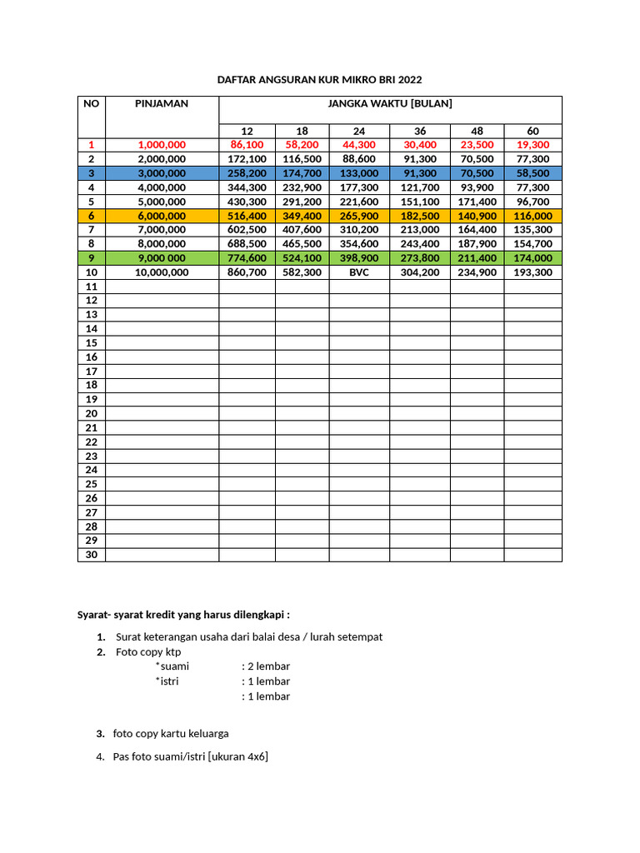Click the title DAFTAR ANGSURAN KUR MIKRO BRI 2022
tap(319, 80)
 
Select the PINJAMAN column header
tap(162, 104)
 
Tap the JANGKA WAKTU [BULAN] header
tap(389, 104)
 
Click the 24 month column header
tap(359, 132)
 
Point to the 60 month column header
tap(533, 132)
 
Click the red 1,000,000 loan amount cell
tap(162, 145)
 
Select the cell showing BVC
tap(359, 272)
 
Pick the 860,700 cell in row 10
tap(247, 272)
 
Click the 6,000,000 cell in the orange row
tap(162, 216)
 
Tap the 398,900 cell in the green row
tap(359, 258)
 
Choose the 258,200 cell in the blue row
tap(247, 173)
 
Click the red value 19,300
tap(533, 145)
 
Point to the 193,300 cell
tap(533, 272)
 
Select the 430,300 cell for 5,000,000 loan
tap(247, 202)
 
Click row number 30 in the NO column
tap(92, 555)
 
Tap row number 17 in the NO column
tap(92, 372)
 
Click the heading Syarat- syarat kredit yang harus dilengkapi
tap(183, 615)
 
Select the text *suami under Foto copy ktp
tap(172, 666)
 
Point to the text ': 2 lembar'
tap(266, 666)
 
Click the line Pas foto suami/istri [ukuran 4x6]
tap(190, 756)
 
